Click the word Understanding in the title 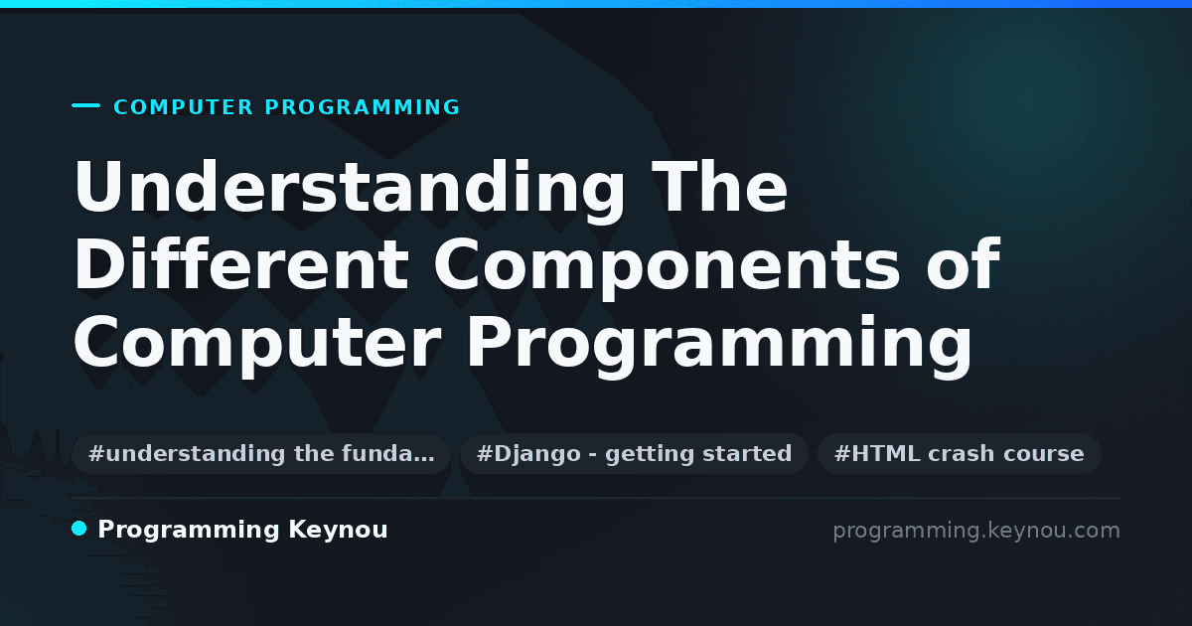click(350, 190)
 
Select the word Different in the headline click(241, 263)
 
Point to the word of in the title click(964, 263)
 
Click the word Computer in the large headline click(257, 346)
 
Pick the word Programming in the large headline click(719, 346)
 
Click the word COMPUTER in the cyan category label click(184, 107)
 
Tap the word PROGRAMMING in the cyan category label click(363, 107)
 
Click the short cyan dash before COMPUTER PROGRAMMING click(85, 105)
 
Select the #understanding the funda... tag click(261, 454)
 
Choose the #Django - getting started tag click(635, 454)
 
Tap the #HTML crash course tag click(959, 454)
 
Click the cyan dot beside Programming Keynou click(78, 529)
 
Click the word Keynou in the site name click(338, 531)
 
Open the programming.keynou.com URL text click(976, 531)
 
